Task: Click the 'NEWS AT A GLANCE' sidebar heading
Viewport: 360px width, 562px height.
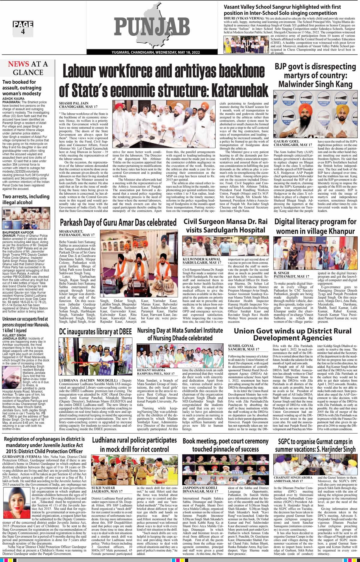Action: [28, 68]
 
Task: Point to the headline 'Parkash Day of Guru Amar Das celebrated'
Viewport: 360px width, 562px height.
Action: [118, 223]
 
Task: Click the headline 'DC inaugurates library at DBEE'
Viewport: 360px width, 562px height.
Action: [95, 331]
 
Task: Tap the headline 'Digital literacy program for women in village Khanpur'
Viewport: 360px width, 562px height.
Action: [315, 226]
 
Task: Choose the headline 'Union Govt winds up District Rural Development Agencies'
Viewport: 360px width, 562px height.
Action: [292, 334]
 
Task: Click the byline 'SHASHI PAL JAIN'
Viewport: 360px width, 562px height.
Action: [72, 103]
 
